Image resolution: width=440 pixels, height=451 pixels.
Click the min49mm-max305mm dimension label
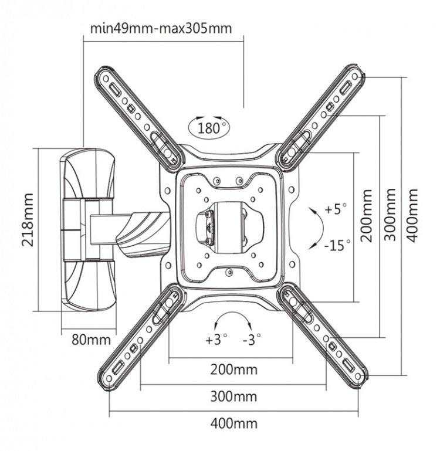coord(162,28)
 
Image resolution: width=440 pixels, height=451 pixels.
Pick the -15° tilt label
coord(337,243)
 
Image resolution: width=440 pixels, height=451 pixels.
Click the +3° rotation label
coord(215,340)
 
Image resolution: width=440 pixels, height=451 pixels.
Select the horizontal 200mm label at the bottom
coord(234,369)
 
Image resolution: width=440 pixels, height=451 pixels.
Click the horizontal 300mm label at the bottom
coord(234,396)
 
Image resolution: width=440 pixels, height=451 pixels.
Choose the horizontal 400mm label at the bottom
coord(234,423)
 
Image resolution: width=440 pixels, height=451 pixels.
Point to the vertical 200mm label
coord(367,215)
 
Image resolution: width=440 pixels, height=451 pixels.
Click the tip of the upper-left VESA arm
coord(104,77)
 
